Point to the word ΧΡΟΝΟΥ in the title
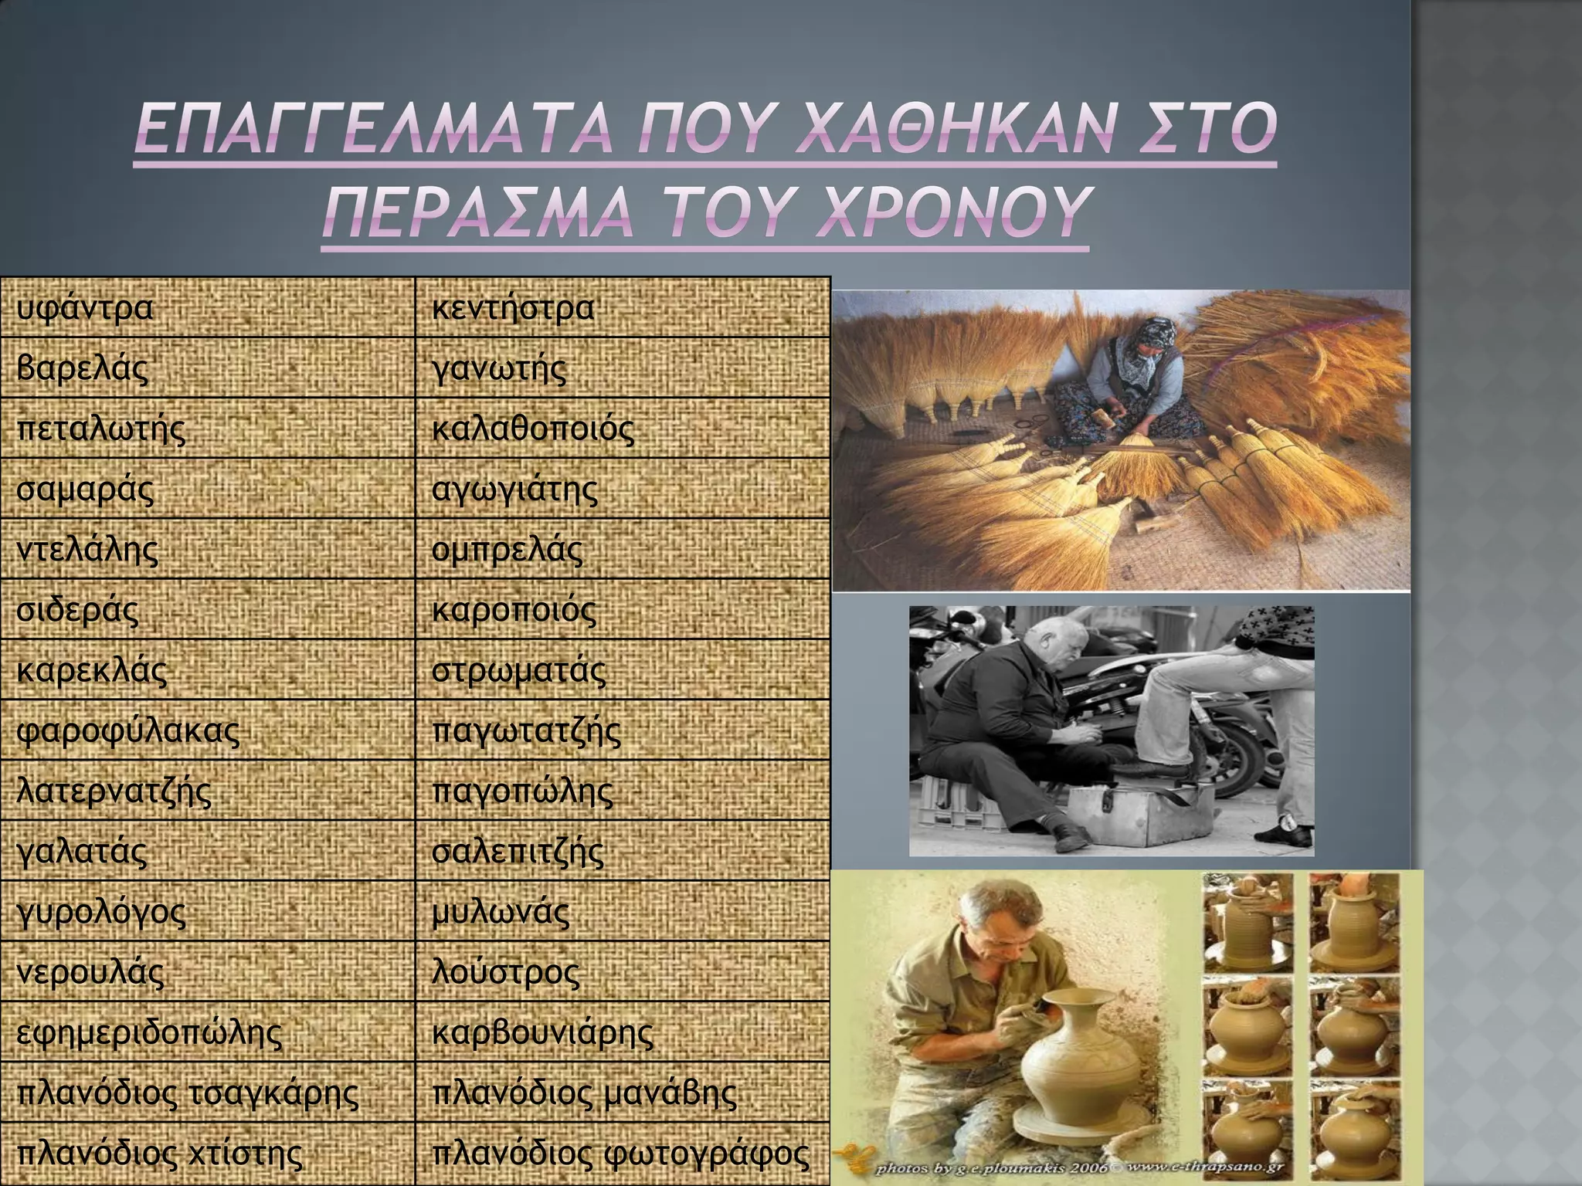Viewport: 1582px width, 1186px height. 943,212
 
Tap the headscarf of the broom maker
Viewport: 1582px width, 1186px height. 1150,333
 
